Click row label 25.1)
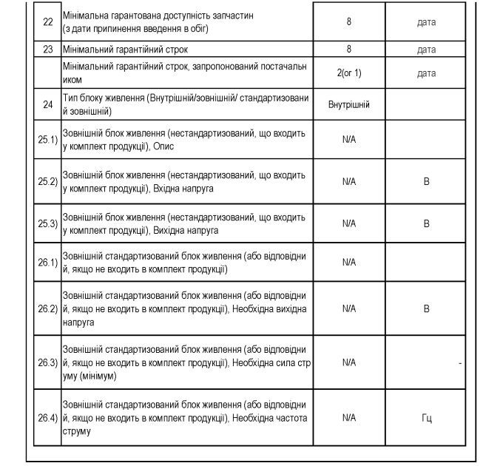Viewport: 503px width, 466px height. pos(48,140)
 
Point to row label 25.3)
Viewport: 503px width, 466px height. pos(48,223)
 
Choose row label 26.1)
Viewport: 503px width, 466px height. pos(48,263)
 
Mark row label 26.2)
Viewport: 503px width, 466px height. pos(48,308)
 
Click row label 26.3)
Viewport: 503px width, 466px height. pos(48,362)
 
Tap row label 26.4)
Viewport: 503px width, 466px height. pos(48,418)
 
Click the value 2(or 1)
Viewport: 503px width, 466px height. pos(349,73)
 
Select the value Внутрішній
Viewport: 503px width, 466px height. pos(349,105)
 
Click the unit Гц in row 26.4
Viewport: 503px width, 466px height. pos(427,418)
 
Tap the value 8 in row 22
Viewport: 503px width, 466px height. pos(349,22)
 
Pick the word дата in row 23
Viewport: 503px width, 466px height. pos(427,50)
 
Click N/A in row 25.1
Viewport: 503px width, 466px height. pos(349,140)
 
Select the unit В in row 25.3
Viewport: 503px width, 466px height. pos(427,223)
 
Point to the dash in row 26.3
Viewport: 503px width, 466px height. pos(460,362)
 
